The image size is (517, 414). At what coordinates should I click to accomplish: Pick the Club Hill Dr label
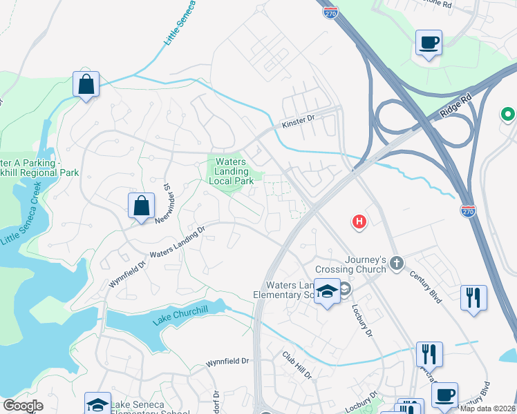click(298, 365)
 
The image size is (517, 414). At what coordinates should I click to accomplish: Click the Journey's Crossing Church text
click(349, 264)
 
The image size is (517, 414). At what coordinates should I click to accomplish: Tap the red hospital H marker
click(359, 221)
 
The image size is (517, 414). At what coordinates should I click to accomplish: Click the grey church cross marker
click(397, 262)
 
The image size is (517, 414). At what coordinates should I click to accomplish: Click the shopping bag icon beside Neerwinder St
click(141, 206)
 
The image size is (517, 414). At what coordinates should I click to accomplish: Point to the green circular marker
click(508, 114)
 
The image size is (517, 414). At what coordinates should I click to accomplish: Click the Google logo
click(23, 406)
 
